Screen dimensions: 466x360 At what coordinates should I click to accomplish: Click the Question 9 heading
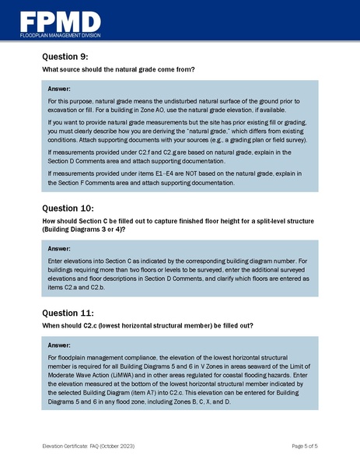[x=68, y=57]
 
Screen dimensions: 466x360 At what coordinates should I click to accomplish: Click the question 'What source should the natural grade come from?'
[x=118, y=70]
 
